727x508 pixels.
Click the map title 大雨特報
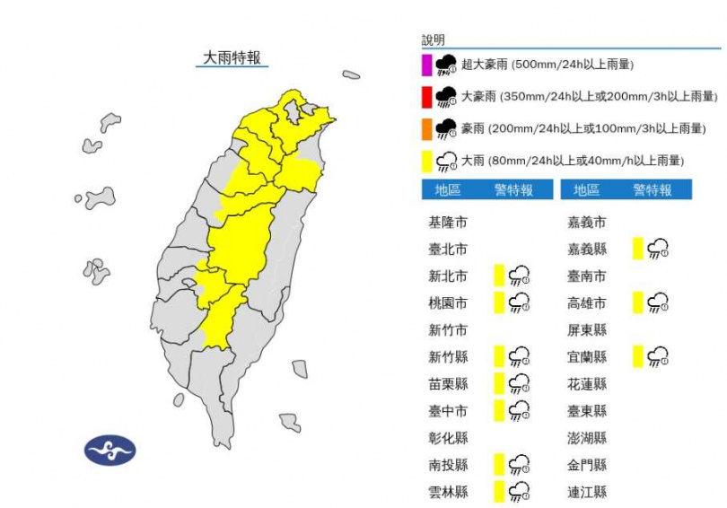(x=231, y=57)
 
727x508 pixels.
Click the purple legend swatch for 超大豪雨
(x=427, y=65)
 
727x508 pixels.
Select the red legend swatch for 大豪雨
(x=427, y=97)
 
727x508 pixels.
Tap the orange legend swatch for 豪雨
(x=427, y=129)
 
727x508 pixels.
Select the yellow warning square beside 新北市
(x=499, y=276)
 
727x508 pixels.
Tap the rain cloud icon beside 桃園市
(x=519, y=303)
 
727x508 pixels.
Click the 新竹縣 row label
(x=448, y=357)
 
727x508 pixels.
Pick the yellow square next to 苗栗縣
(x=499, y=384)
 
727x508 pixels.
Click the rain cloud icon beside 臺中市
(x=519, y=411)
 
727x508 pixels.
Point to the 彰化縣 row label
(x=448, y=438)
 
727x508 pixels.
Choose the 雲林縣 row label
(x=448, y=492)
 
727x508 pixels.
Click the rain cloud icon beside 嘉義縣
(x=658, y=249)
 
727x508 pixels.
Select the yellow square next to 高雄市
(x=638, y=302)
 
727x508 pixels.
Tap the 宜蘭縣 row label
(x=587, y=357)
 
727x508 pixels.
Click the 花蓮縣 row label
(x=587, y=384)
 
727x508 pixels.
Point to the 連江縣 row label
(x=587, y=492)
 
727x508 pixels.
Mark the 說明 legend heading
(x=433, y=40)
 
